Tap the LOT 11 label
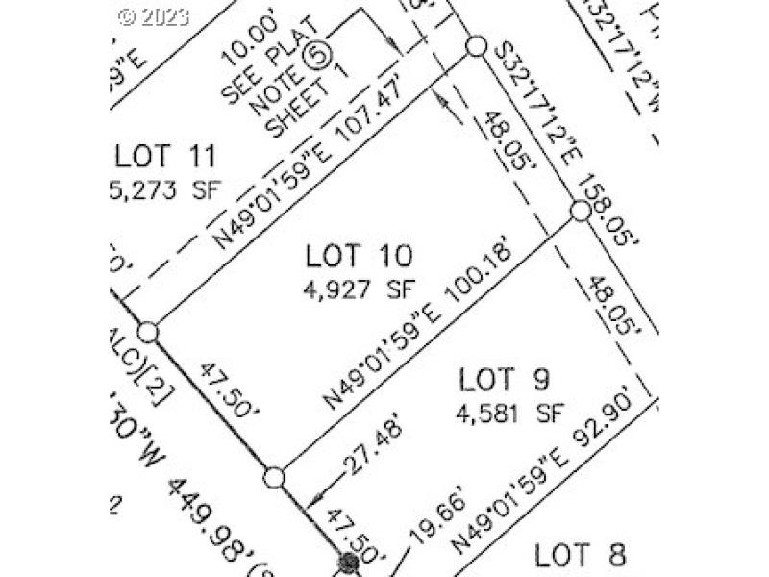point(165,155)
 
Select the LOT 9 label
point(503,381)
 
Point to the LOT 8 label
point(580,555)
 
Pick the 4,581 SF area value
point(509,415)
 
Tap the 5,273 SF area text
point(158,189)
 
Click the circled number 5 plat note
point(314,56)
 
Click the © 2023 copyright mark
point(154,15)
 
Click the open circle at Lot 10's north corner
point(475,45)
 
